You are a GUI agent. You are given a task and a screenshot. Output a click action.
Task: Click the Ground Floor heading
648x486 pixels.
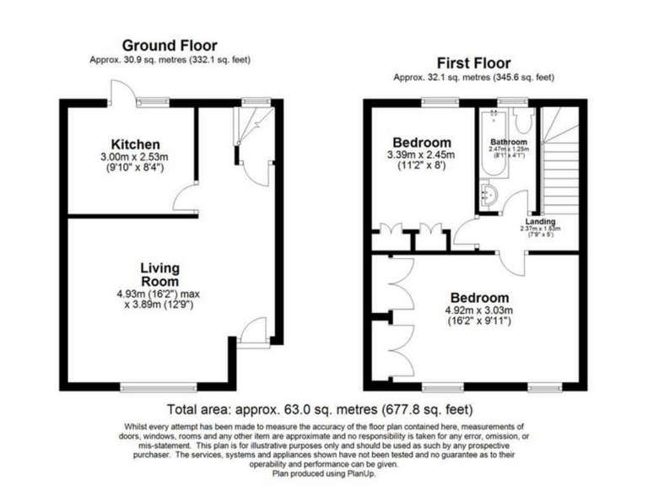tap(170, 45)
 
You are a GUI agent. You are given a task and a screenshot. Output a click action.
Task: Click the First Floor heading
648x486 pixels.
tap(473, 62)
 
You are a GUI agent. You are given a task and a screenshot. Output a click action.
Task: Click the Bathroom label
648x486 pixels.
tap(509, 141)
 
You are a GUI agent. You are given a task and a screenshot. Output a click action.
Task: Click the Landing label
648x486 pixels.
tap(540, 221)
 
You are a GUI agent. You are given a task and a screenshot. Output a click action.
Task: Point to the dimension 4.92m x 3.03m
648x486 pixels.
tap(478, 310)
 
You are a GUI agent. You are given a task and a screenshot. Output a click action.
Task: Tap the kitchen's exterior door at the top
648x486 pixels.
tap(119, 93)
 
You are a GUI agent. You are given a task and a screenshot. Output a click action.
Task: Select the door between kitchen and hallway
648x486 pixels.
tap(186, 200)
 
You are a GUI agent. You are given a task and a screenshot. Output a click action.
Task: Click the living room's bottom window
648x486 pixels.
tap(147, 387)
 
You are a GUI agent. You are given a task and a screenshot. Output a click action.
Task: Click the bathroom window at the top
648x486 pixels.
tap(507, 102)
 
